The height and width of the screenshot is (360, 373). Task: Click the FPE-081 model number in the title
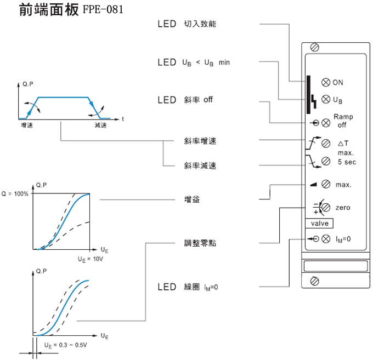tap(103, 10)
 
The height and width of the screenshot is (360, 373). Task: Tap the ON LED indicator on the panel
tap(325, 82)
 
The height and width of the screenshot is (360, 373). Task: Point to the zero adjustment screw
tap(325, 208)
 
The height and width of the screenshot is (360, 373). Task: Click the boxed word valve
tap(319, 224)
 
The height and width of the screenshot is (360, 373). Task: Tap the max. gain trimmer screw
tap(325, 184)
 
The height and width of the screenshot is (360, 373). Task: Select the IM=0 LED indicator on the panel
tap(325, 238)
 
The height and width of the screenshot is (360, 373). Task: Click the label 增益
tap(192, 200)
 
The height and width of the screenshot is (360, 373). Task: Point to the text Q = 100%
tap(15, 194)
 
